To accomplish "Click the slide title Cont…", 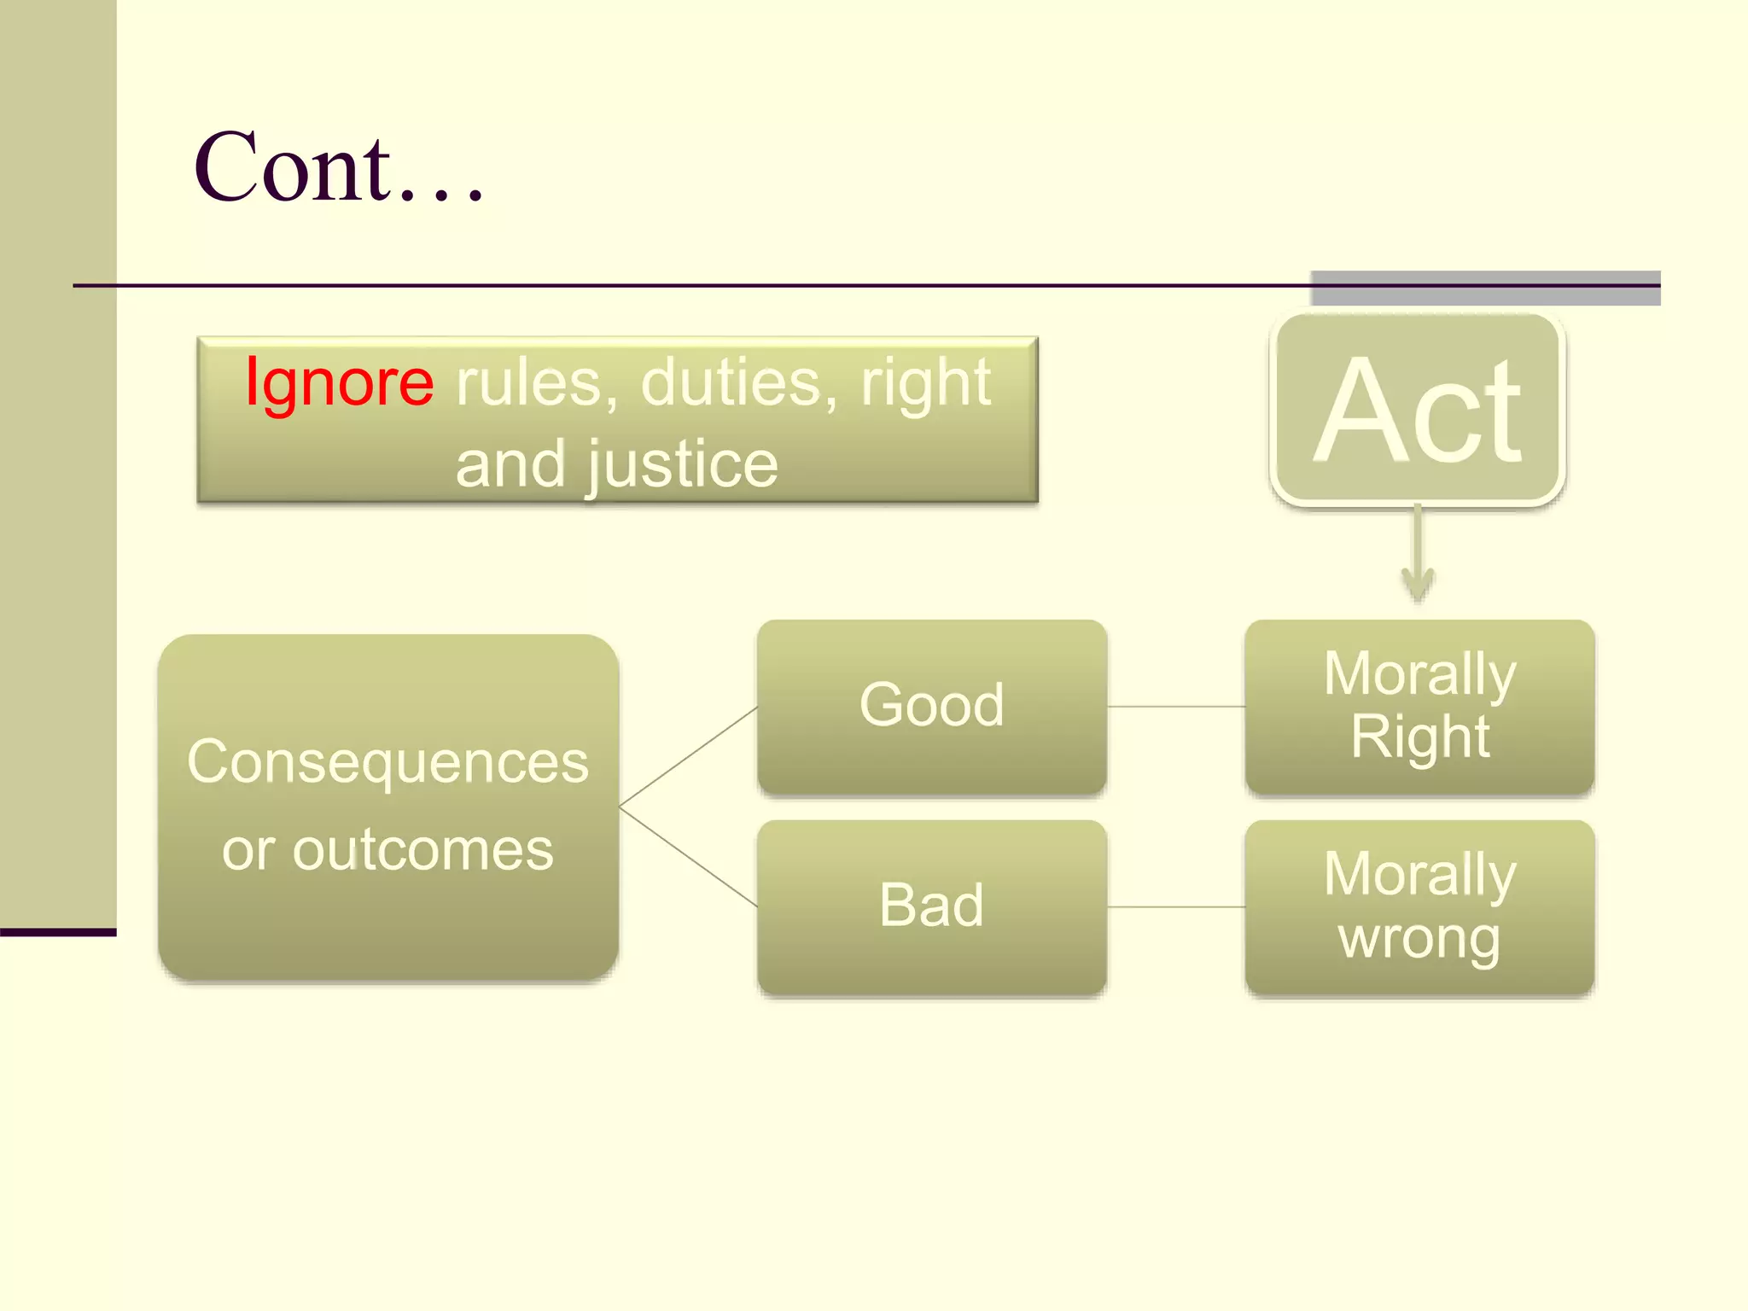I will point(340,168).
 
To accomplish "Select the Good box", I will point(931,707).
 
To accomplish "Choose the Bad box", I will point(931,906).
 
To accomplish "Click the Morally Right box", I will point(1419,707).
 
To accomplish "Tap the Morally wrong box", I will point(1419,906).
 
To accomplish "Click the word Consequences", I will point(387,761).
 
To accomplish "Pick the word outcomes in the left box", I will point(422,850).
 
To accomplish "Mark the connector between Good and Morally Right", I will point(1175,707).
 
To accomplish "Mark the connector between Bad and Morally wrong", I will point(1175,907).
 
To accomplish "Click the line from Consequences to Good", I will point(688,756).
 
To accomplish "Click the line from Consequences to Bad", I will point(688,856).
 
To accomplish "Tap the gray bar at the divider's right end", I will point(1485,288).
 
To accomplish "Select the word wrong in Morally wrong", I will point(1419,939).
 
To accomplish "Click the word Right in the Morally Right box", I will point(1419,737).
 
